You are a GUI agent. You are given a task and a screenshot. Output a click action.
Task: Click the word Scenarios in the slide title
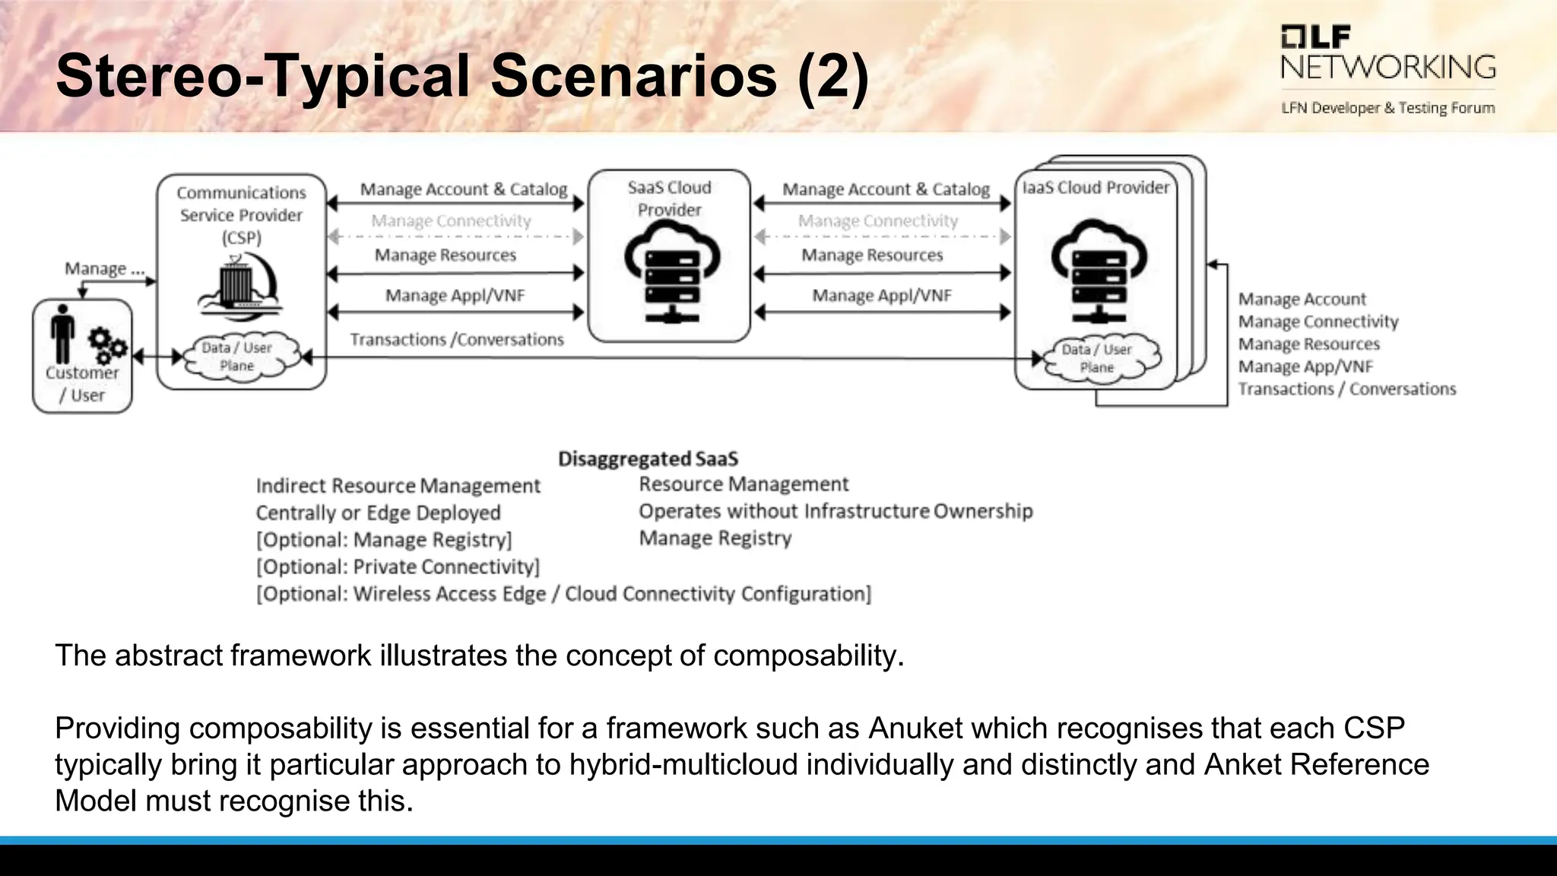pos(633,76)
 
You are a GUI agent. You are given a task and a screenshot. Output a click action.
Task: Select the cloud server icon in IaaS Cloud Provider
pos(1097,270)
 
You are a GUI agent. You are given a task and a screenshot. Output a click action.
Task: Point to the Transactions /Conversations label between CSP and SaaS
pos(456,340)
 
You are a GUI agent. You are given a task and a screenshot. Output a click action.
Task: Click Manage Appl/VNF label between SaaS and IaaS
pos(881,296)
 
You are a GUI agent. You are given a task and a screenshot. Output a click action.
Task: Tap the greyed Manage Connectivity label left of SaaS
pos(451,221)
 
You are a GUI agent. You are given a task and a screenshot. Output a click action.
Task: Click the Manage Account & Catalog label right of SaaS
pos(886,189)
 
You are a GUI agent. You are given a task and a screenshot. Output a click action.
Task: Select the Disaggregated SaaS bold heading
pos(648,459)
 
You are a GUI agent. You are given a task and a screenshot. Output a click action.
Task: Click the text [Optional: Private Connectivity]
pos(398,567)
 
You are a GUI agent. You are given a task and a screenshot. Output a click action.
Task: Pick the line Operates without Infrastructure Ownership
pos(835,511)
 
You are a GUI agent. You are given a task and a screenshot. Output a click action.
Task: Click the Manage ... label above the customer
pos(103,269)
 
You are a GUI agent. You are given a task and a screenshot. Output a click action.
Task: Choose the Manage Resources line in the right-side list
pos(1308,344)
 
